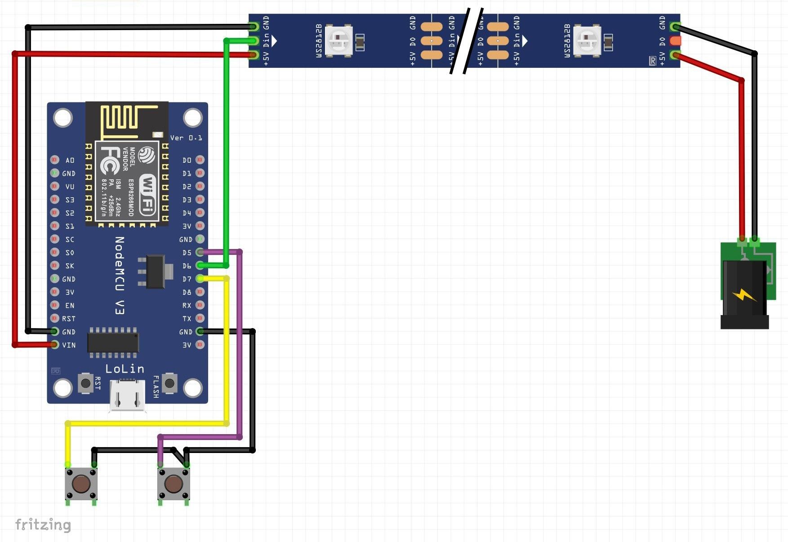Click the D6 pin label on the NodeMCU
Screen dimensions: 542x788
(x=187, y=266)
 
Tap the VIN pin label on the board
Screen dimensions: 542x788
(x=69, y=345)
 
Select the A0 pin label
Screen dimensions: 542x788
(x=70, y=160)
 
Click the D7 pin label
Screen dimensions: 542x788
(x=187, y=279)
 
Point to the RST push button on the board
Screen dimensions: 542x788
(x=85, y=383)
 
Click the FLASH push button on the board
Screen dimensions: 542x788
(x=169, y=383)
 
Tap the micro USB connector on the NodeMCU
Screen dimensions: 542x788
(x=128, y=395)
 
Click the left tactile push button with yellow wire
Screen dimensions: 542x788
(x=81, y=484)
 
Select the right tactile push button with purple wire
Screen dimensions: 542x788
(x=174, y=484)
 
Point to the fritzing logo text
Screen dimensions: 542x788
(x=43, y=524)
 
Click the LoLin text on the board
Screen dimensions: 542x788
(x=125, y=369)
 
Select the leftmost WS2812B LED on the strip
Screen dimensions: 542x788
(x=338, y=40)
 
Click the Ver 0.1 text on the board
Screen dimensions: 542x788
(x=186, y=138)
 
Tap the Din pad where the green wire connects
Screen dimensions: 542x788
(x=254, y=41)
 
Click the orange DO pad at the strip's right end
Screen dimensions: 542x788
(x=675, y=41)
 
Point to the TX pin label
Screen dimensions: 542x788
(x=187, y=319)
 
